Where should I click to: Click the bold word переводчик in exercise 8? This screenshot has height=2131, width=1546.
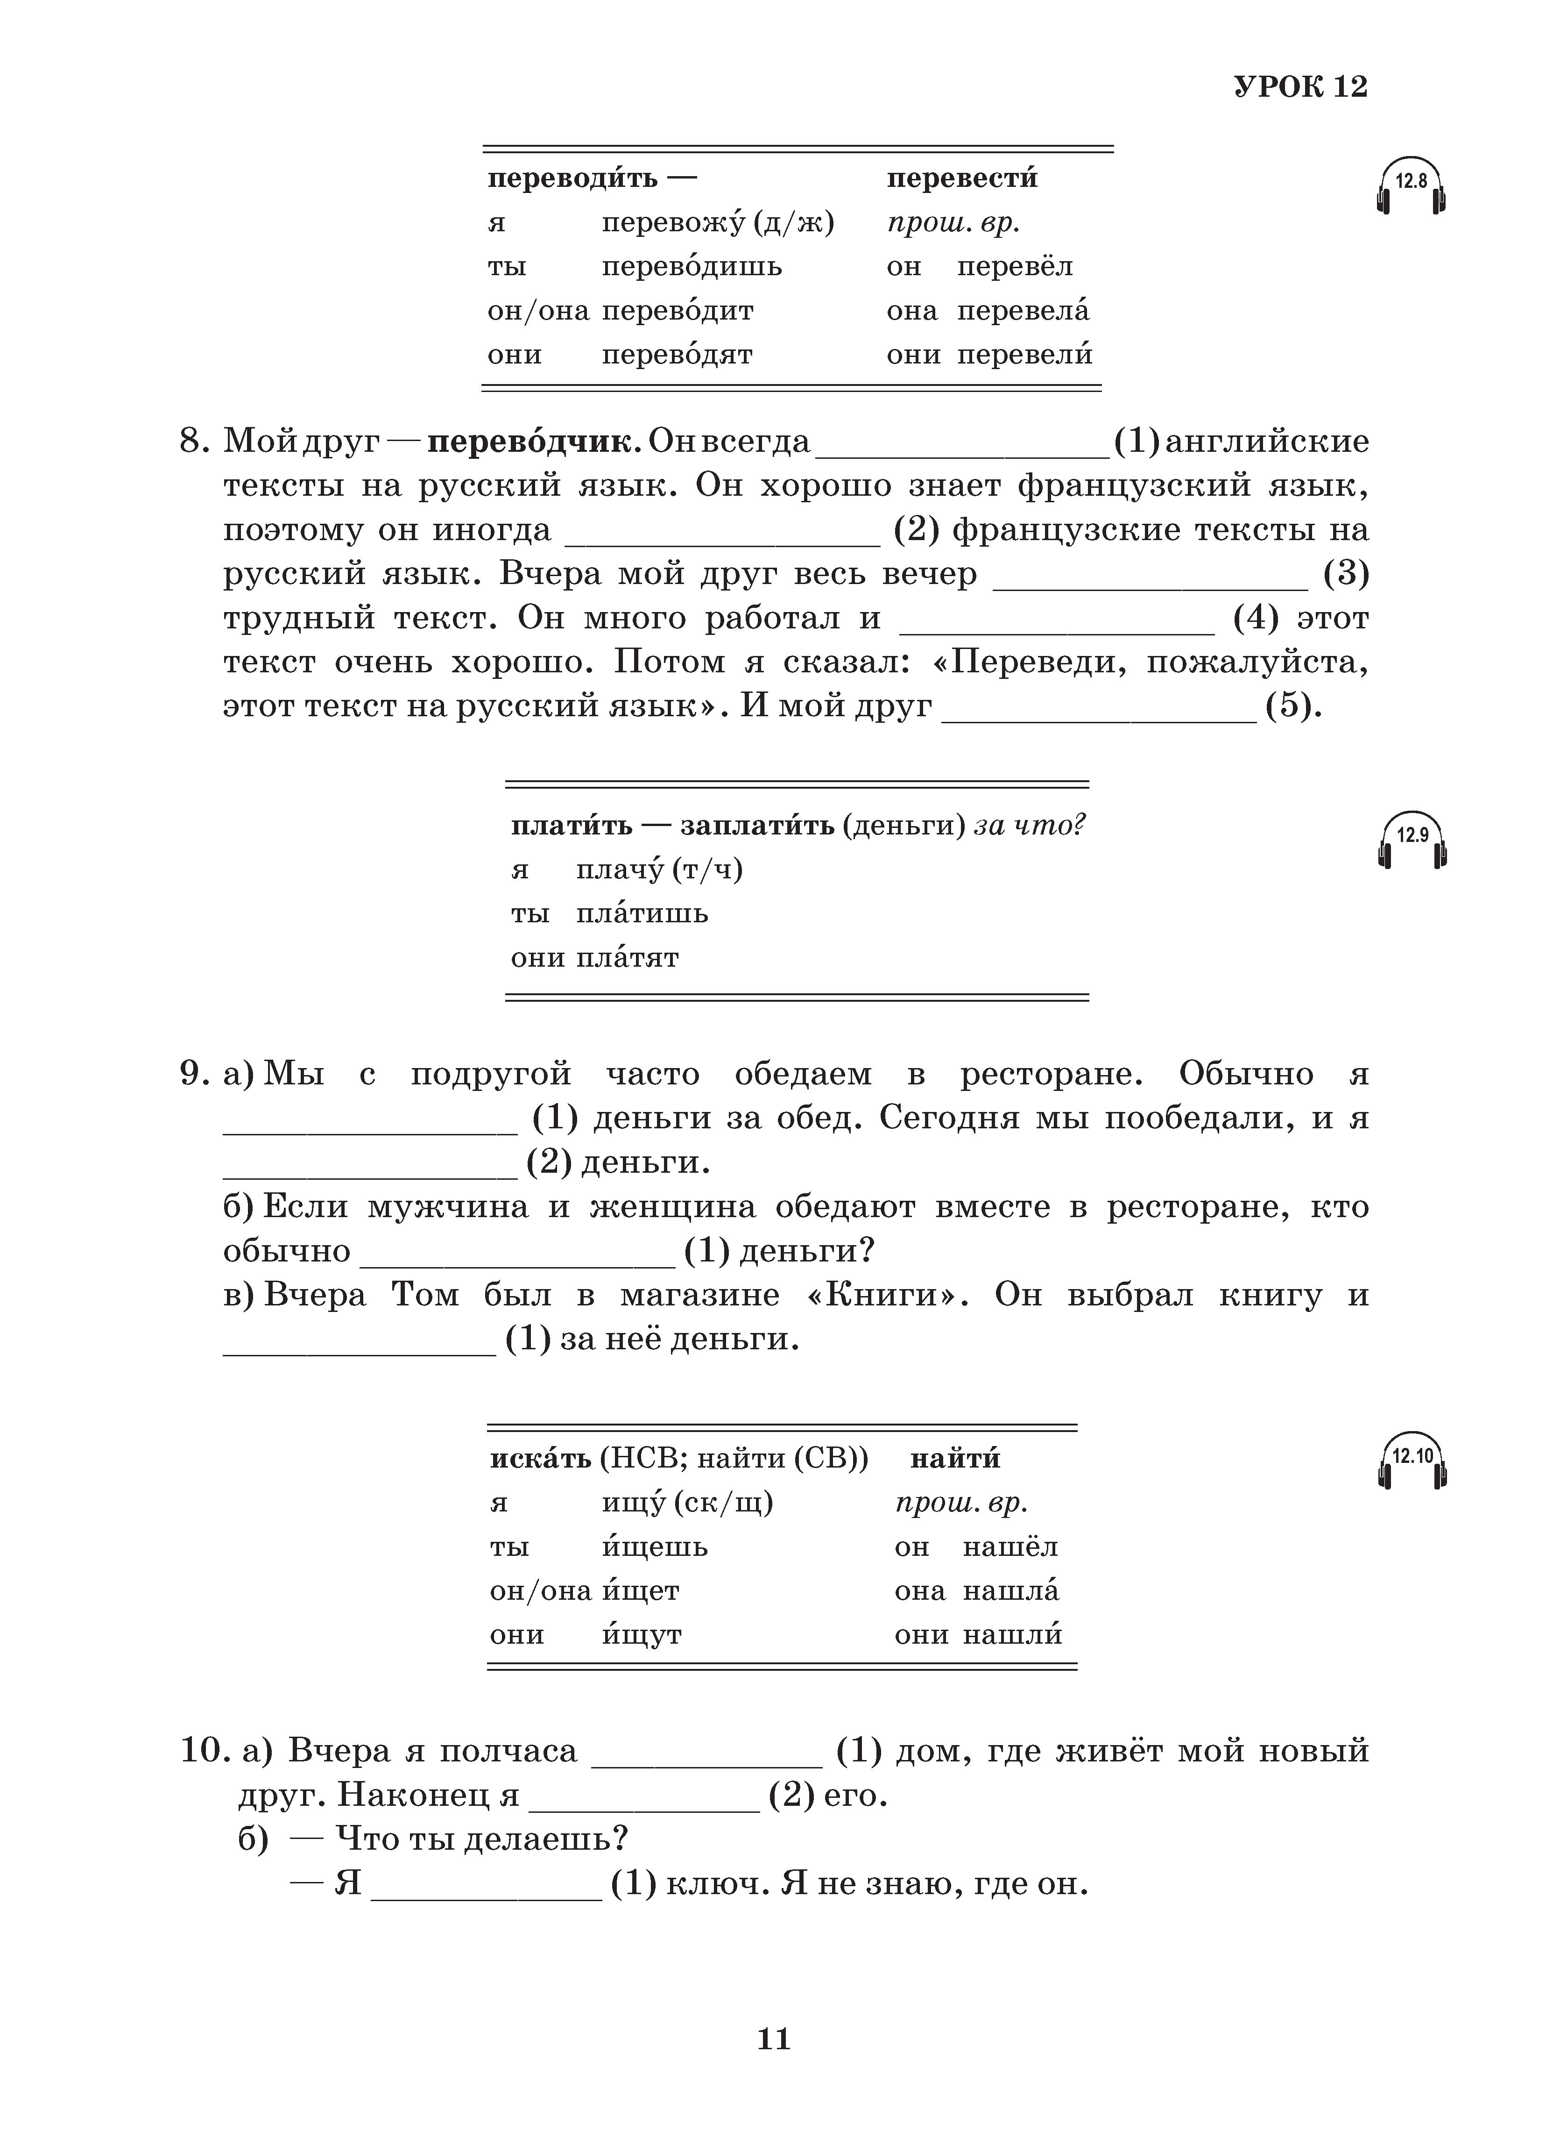[x=534, y=442]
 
